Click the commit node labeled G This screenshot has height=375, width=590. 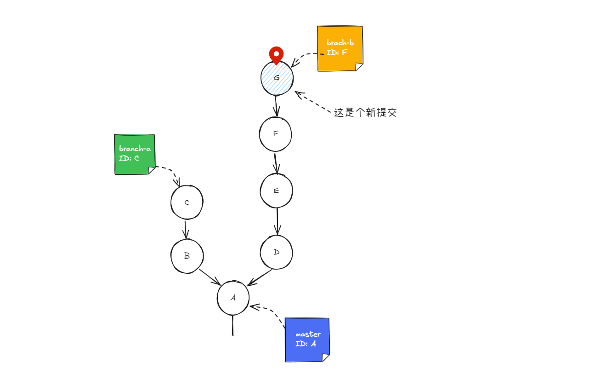tap(277, 78)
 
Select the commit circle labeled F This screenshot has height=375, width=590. tap(275, 134)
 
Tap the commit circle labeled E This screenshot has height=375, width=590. tap(276, 190)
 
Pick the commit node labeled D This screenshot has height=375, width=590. tap(276, 252)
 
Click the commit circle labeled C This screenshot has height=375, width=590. tap(187, 202)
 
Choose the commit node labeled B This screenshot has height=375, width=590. tap(187, 256)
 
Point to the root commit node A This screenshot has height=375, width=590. tap(233, 298)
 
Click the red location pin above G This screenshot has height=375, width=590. tap(276, 54)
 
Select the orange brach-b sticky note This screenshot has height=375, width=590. tap(340, 48)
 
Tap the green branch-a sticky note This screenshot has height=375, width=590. tap(134, 155)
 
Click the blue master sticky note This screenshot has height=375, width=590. tap(307, 340)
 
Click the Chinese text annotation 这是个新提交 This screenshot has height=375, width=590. tap(365, 113)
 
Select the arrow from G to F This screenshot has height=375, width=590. tap(276, 105)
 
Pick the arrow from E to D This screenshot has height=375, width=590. tap(277, 221)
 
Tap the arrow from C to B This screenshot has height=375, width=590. tap(186, 230)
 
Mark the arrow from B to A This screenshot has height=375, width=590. tap(210, 277)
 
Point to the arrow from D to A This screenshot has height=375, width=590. tap(260, 277)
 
